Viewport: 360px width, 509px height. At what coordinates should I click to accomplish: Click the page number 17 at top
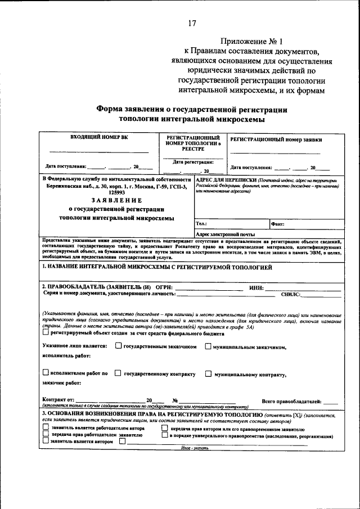click(192, 23)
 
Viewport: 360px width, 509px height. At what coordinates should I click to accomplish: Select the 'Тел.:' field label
click(201, 224)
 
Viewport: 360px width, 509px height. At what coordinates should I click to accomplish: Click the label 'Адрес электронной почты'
click(225, 234)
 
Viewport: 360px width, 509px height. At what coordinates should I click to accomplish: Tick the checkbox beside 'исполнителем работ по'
click(46, 372)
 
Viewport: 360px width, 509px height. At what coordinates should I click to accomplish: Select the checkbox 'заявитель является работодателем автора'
click(46, 428)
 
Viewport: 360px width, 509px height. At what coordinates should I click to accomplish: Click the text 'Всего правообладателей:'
click(291, 401)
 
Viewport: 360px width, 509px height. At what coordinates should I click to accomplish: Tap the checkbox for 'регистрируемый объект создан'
click(46, 332)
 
